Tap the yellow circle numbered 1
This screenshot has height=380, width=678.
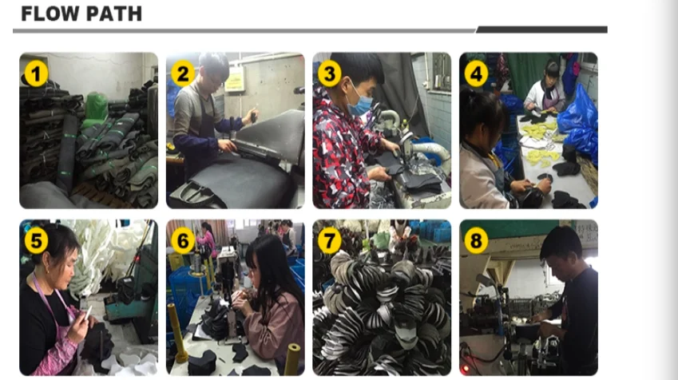(36, 73)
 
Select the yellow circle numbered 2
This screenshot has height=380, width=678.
(183, 73)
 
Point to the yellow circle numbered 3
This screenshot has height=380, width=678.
(330, 73)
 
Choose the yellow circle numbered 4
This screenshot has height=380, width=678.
(476, 73)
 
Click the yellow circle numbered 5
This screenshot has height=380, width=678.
(36, 240)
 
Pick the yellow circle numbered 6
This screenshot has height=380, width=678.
(183, 240)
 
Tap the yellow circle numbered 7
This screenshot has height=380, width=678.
(330, 240)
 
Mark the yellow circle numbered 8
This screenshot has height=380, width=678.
(476, 240)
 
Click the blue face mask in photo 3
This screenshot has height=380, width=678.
(359, 103)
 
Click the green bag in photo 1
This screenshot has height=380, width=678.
(96, 106)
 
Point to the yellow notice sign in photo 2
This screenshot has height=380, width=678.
(234, 81)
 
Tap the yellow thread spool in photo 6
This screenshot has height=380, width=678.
(293, 358)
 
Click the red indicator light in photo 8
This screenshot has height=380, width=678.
(466, 369)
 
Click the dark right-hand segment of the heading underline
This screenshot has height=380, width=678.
(541, 30)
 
